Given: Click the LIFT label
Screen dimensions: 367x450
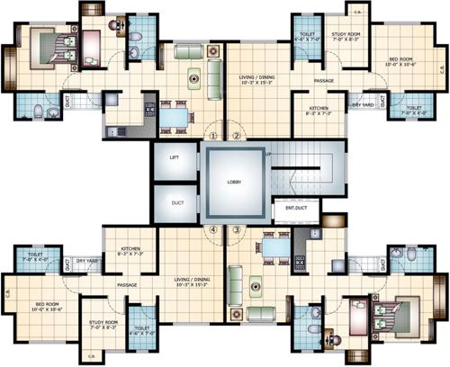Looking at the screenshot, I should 175,157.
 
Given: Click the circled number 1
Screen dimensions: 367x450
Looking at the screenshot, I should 213,136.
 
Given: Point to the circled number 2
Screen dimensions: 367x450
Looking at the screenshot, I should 237,136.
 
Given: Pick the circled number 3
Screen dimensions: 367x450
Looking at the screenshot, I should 237,229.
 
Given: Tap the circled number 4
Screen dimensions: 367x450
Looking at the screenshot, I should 213,229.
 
